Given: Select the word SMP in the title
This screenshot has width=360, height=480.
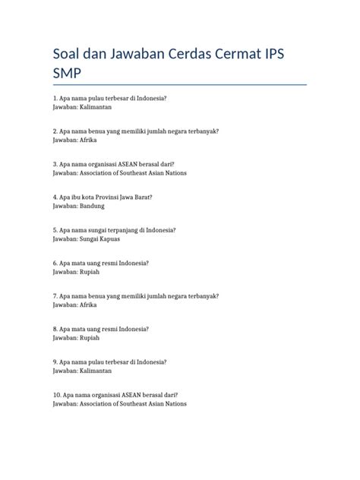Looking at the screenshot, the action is point(67,74).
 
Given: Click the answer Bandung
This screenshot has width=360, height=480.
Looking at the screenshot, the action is point(92,206).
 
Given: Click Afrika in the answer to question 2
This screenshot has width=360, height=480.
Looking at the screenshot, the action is point(89,141).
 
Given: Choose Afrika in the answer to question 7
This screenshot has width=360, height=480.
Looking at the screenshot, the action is point(89,305).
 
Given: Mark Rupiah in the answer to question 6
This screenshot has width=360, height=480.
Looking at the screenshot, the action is point(90,272).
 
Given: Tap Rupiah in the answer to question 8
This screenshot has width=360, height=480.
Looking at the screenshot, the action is point(90,337).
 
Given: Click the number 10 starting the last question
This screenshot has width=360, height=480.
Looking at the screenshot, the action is point(56,395).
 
